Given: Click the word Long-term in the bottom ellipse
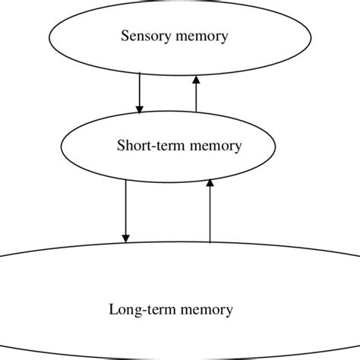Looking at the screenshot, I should pyautogui.click(x=138, y=310).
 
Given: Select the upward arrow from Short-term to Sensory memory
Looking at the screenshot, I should pyautogui.click(x=195, y=93).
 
